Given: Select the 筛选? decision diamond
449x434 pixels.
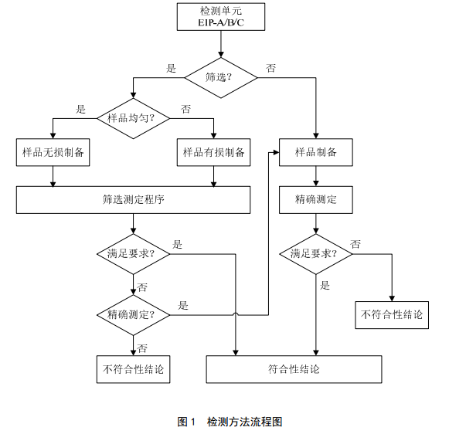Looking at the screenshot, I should pyautogui.click(x=220, y=77).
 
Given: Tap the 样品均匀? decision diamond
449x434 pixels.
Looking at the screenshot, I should pyautogui.click(x=133, y=118).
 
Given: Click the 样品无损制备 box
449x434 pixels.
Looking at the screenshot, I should pyautogui.click(x=52, y=153).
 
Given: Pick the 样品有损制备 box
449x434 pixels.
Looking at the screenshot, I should pyautogui.click(x=213, y=153).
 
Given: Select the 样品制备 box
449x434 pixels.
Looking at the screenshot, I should pyautogui.click(x=315, y=153).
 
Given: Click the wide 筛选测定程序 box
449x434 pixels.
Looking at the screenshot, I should pyautogui.click(x=133, y=199).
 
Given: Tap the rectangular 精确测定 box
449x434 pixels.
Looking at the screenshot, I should pyautogui.click(x=315, y=199).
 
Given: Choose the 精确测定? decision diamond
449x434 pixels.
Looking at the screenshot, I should pyautogui.click(x=133, y=314).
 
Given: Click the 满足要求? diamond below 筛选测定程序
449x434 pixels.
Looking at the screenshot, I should pyautogui.click(x=133, y=254).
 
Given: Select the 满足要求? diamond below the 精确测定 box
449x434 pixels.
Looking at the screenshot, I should pyautogui.click(x=315, y=254).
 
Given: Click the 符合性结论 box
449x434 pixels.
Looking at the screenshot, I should pyautogui.click(x=294, y=369).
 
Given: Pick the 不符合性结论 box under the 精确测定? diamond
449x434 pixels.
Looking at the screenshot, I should pyautogui.click(x=133, y=369).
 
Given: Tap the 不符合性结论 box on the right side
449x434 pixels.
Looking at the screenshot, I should pyautogui.click(x=392, y=315).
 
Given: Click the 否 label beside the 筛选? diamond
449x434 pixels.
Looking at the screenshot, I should pyautogui.click(x=271, y=69).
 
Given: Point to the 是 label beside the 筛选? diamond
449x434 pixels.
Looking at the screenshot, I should pyautogui.click(x=172, y=69).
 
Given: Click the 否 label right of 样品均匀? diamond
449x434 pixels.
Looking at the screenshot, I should pyautogui.click(x=185, y=109).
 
